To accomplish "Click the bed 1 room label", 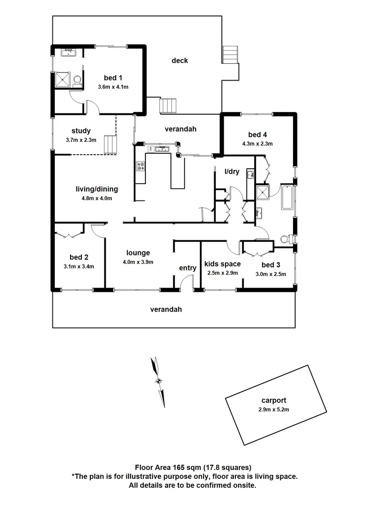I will [113, 78].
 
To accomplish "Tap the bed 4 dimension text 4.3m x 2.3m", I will [257, 144].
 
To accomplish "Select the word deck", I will [180, 60].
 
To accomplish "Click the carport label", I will [274, 401].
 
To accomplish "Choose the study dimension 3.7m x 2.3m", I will [81, 140].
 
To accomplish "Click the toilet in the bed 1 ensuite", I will [78, 82].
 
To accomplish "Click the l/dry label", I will [232, 171].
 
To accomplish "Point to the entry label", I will [188, 268].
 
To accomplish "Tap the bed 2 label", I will [79, 257].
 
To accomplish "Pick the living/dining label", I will [97, 189].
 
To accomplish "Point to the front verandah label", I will [166, 309].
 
